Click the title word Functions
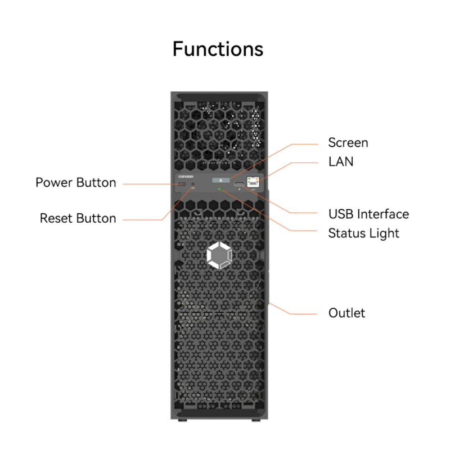(217, 49)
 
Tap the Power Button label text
(75, 183)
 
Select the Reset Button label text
(78, 218)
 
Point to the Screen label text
(348, 143)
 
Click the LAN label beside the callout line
(341, 161)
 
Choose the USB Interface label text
(368, 214)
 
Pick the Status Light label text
(363, 233)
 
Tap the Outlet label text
(346, 313)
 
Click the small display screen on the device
(221, 181)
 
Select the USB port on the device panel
(239, 184)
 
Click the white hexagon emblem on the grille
(218, 256)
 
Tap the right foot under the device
(256, 420)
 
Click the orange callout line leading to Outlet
(298, 313)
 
